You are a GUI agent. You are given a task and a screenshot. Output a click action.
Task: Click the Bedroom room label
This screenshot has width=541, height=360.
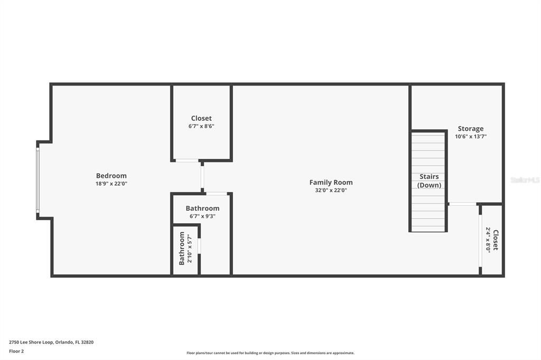tap(111, 176)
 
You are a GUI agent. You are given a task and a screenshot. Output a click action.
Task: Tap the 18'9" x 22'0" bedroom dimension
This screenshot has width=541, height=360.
tap(111, 184)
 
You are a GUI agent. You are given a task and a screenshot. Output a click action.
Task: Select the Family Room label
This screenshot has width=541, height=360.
tap(331, 183)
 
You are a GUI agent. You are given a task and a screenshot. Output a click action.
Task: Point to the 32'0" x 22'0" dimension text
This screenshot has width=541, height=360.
tap(331, 191)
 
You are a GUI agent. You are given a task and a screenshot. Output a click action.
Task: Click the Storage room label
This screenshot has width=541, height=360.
tap(470, 128)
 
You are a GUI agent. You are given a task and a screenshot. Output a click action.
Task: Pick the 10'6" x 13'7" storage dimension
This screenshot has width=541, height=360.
tap(470, 136)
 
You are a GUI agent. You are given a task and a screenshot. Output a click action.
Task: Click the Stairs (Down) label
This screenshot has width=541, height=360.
tap(429, 181)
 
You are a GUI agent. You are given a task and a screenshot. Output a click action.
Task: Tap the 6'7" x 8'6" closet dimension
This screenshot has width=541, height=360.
tap(201, 126)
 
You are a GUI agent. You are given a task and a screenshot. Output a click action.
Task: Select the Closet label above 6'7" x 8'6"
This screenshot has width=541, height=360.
tap(201, 118)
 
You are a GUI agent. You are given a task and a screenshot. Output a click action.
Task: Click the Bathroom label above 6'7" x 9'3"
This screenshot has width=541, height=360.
tap(202, 209)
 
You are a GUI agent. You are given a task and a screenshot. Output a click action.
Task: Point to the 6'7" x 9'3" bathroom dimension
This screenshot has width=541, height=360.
tap(202, 216)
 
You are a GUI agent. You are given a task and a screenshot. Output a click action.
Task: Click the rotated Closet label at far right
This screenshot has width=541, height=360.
tap(496, 240)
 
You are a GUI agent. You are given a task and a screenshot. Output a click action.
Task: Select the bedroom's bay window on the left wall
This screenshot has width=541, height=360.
tap(38, 180)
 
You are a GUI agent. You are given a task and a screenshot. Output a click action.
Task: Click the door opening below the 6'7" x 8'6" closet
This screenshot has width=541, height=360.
tap(187, 160)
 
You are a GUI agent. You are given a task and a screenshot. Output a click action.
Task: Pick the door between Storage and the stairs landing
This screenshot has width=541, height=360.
tap(462, 204)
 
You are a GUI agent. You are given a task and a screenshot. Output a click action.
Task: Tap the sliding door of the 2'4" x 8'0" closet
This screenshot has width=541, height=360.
tap(480, 240)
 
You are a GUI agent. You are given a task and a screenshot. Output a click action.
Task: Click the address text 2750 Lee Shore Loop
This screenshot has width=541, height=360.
tap(51, 342)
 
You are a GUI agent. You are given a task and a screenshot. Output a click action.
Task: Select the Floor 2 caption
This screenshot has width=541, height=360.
tap(16, 351)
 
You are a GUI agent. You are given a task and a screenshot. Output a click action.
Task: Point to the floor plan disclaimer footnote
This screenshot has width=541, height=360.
tap(270, 353)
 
